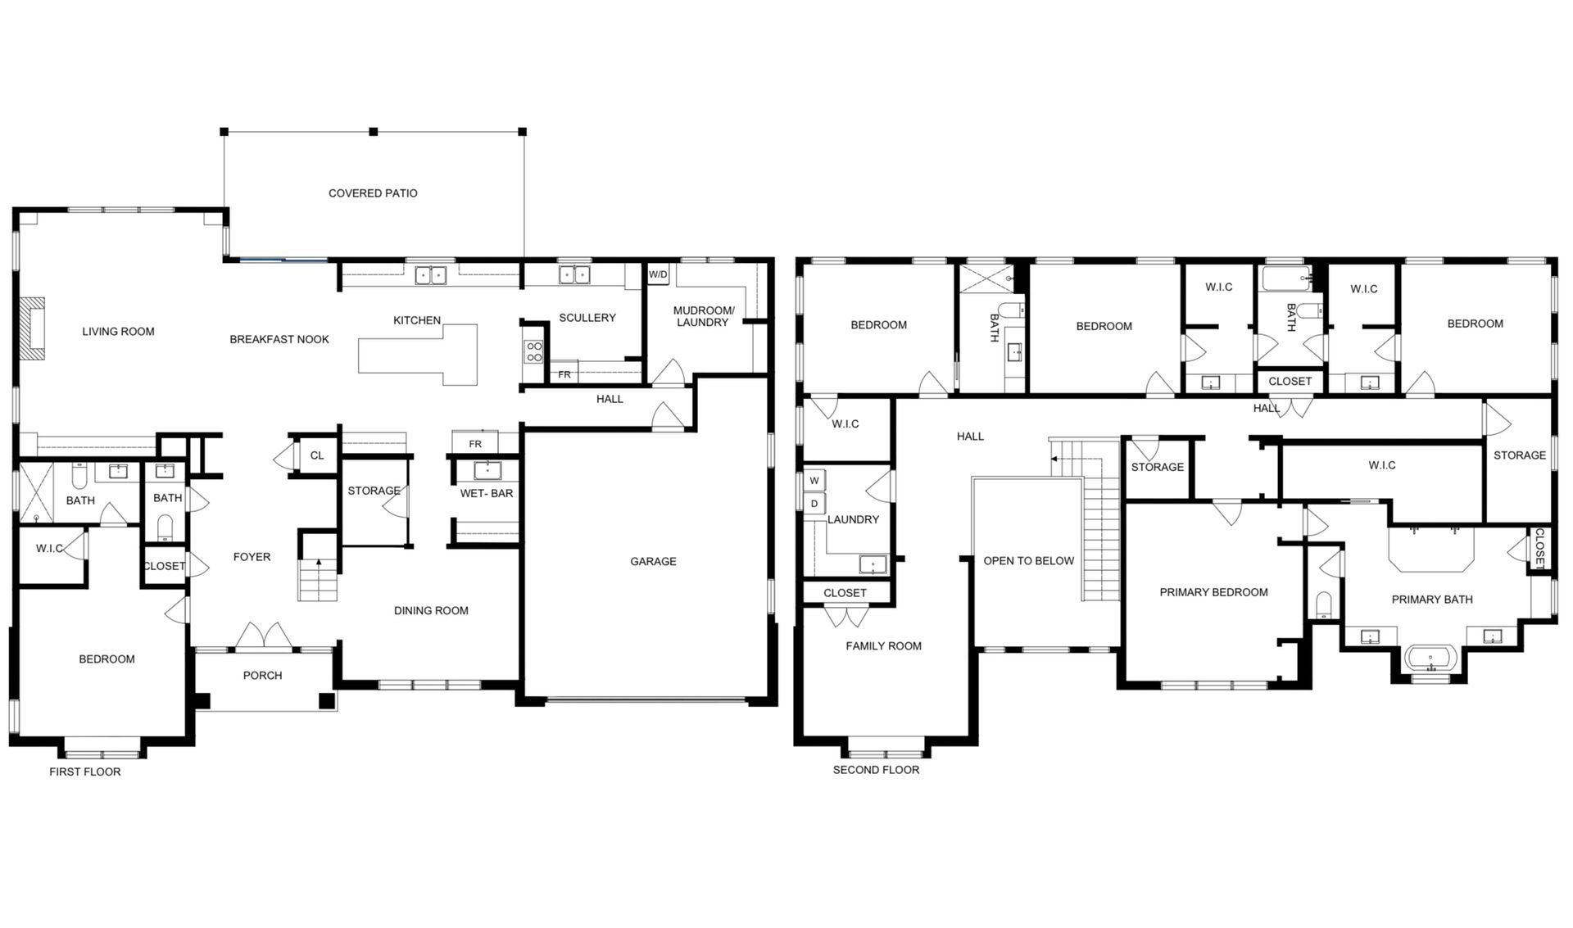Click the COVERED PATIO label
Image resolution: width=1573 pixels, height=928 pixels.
coord(373,193)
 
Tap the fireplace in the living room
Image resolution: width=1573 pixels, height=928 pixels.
coord(34,328)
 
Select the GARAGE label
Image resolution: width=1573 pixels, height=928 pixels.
coord(653,561)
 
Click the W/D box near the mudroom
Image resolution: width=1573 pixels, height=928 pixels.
coord(658,274)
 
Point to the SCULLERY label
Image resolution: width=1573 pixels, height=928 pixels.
coord(587,318)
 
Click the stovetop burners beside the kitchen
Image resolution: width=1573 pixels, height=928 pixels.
coord(534,352)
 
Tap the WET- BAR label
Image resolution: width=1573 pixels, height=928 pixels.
coord(487,493)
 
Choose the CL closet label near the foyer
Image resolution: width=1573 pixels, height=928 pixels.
coord(317,455)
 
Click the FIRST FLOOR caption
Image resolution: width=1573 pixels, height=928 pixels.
coord(85,772)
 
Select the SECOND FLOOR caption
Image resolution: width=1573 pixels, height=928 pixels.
coord(876,770)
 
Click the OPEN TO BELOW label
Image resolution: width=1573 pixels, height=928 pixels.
coord(1028,561)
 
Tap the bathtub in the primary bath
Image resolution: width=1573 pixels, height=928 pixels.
coord(1431,658)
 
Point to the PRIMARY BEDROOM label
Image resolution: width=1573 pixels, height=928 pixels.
coord(1213,592)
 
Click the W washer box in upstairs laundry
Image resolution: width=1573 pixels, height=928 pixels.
coord(814,481)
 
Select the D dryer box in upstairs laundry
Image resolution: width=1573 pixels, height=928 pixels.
coord(814,504)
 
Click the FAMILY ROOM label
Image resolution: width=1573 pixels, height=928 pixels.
coord(883,645)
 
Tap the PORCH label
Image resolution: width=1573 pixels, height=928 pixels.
coord(262,675)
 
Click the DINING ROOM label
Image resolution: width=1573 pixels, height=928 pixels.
coord(431,610)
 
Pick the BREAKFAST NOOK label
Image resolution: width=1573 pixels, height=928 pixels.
coord(279,339)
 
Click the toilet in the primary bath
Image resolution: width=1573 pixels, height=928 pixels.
coord(1324,604)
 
